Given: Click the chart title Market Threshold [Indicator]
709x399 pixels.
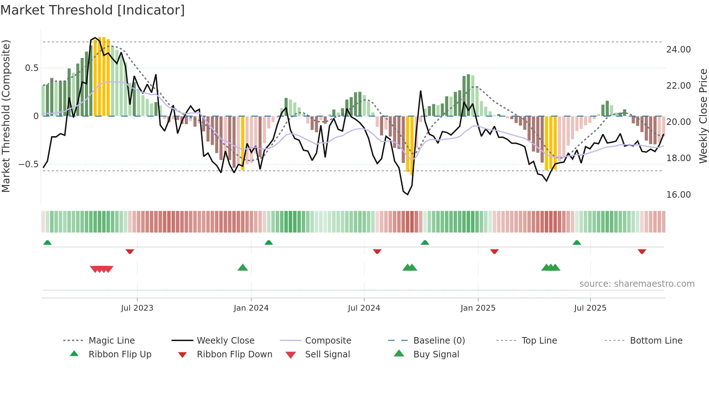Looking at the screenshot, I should pos(93,10).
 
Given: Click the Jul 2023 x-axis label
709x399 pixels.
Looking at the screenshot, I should pos(137,308).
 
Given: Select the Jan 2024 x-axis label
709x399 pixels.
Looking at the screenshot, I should pos(251,308).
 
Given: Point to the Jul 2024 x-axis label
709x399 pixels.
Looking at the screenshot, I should pos(364,308).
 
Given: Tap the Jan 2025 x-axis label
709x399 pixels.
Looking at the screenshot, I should pos(478,308).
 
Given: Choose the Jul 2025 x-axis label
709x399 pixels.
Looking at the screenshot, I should pos(590,308).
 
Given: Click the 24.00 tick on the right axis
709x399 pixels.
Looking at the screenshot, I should pos(678,50).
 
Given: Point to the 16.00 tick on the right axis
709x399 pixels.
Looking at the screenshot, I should pos(678,195).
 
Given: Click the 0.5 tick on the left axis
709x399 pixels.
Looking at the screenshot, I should pos(31,68).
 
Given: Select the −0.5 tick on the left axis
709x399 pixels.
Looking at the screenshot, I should pos(28,164).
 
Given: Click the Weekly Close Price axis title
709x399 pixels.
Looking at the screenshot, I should pos(703,116).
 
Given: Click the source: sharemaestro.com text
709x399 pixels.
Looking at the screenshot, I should pos(637,284).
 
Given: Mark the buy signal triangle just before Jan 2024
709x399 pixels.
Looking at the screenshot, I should pos(243,268).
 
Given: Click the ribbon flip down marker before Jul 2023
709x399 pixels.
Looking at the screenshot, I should pos(130,251).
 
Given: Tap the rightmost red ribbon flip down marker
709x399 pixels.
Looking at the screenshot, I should pos(642,251).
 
